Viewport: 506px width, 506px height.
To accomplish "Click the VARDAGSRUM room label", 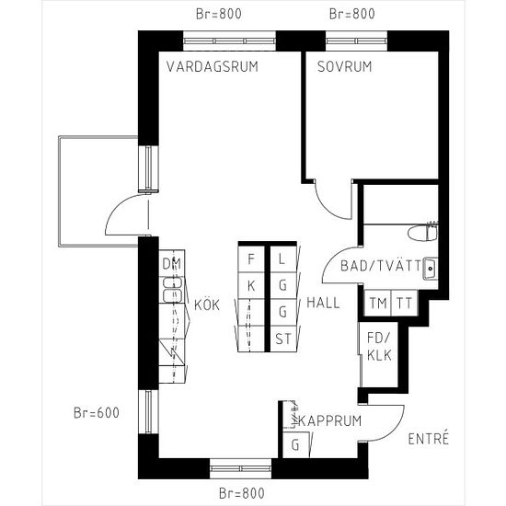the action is [x=213, y=66].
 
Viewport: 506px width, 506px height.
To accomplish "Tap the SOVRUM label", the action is [x=344, y=66].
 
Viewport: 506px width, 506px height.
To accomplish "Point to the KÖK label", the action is [x=207, y=305].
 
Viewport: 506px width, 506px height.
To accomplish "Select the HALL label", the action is [x=323, y=303].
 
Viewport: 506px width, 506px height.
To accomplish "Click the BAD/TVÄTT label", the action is [x=381, y=266].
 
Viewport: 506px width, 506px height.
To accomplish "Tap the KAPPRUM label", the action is [x=329, y=420].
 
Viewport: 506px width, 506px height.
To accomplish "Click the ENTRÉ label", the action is [x=429, y=438].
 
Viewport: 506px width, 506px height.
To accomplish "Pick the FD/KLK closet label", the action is [x=379, y=347].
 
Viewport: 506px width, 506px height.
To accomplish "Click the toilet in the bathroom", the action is [x=422, y=233].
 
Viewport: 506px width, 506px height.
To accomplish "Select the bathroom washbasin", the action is [x=431, y=268].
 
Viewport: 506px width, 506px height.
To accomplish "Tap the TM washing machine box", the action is [x=377, y=303].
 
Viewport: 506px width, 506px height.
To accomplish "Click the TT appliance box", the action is [x=404, y=303].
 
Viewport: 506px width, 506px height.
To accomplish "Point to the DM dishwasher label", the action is [x=172, y=264].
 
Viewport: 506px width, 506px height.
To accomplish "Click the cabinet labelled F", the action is [x=251, y=259].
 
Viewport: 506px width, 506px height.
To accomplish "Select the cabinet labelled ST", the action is [x=283, y=339].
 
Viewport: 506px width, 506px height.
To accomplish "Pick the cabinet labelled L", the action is [x=283, y=259].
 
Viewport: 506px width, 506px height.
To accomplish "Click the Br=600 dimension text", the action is [x=97, y=413].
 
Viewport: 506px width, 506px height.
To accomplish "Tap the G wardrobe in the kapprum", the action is [x=296, y=444].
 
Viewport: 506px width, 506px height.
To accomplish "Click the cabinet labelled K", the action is [x=251, y=286].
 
